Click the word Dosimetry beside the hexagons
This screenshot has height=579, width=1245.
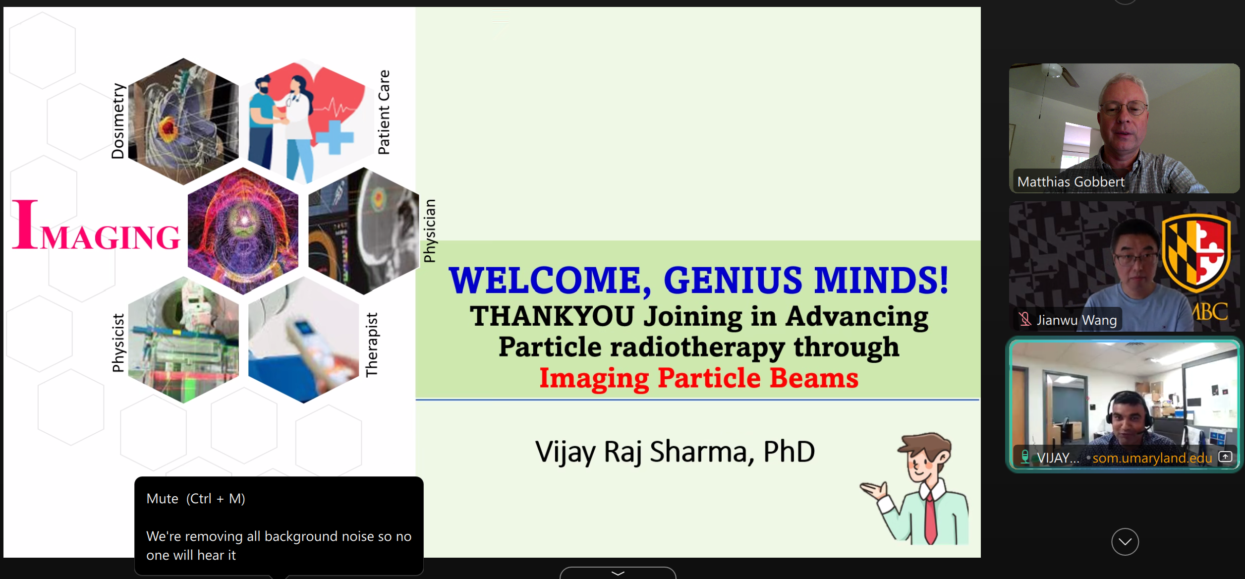118,121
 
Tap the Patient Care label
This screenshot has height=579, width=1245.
384,112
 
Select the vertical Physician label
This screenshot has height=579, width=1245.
430,231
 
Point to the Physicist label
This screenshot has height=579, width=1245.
118,343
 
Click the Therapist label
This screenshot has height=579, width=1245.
371,345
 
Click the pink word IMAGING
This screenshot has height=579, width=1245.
96,226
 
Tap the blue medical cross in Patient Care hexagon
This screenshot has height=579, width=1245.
334,137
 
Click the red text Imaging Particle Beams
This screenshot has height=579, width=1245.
699,378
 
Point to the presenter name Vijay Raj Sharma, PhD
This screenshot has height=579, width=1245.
675,452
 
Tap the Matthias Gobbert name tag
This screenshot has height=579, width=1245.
1071,182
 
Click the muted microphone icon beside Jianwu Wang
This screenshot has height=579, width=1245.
1025,319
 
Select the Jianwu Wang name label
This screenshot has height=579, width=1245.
1076,320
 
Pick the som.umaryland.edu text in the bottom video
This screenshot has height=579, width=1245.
1152,458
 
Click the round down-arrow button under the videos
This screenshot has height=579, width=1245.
1125,542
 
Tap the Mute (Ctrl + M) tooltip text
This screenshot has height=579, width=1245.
196,499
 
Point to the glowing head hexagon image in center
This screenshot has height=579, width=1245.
243,231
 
